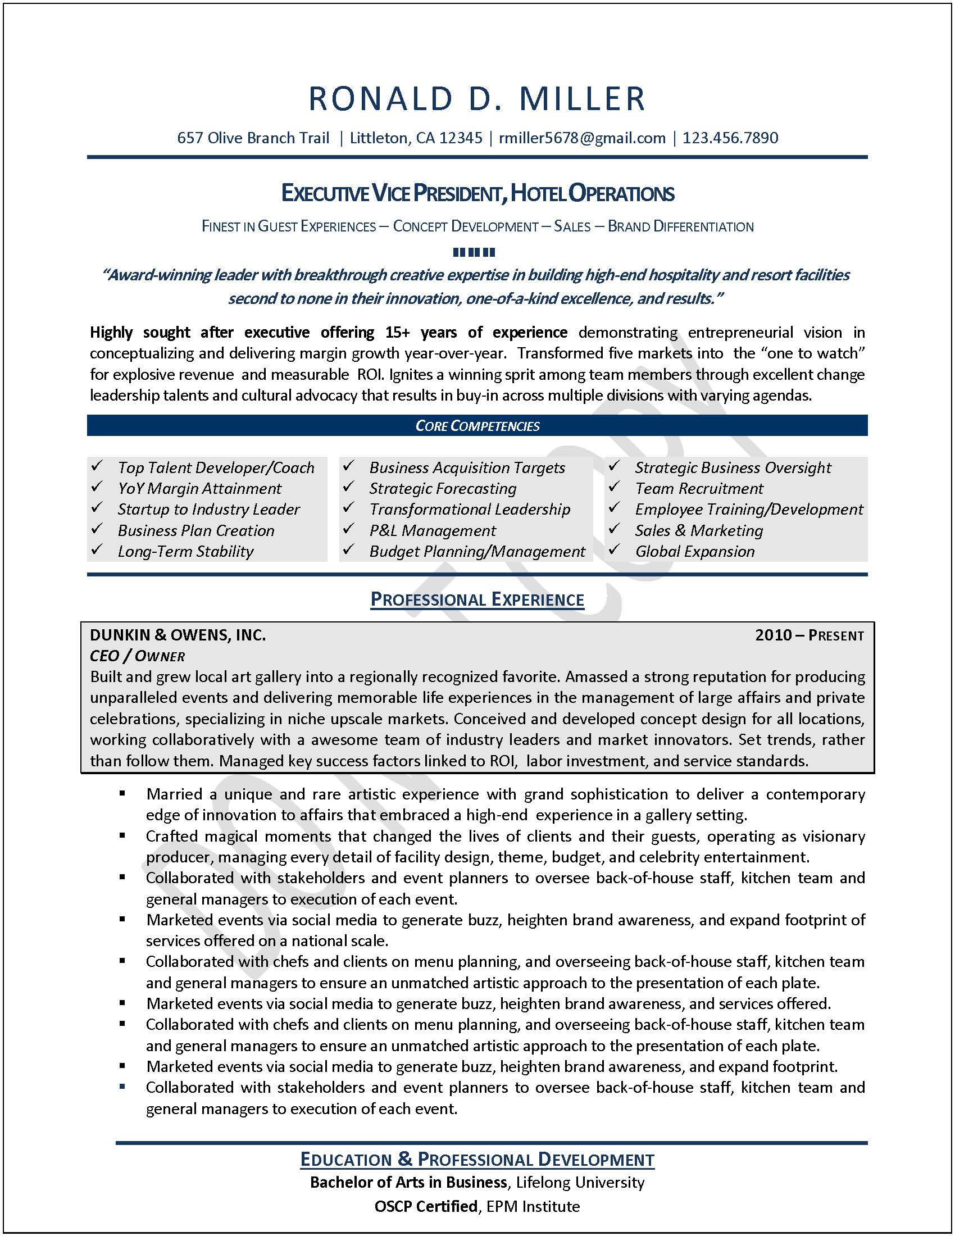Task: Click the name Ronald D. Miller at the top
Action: tap(477, 98)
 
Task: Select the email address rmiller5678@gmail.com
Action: tap(581, 138)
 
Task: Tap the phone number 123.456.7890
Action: tap(730, 138)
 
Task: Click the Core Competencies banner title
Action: tap(477, 426)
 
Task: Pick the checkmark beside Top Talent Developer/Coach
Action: tap(97, 466)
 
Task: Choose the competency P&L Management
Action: tap(432, 530)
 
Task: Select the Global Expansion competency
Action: tap(694, 551)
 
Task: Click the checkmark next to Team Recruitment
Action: tap(615, 487)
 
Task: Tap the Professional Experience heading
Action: tap(477, 599)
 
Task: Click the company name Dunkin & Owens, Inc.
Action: tap(178, 635)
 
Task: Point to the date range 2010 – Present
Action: tap(809, 635)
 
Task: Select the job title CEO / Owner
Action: tap(138, 656)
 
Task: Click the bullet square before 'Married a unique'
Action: tap(122, 793)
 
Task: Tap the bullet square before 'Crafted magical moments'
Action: tap(122, 835)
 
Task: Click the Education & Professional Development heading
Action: tap(477, 1159)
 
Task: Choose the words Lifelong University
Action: tap(580, 1182)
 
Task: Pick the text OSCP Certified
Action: tap(425, 1206)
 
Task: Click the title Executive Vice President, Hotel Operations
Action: tap(477, 194)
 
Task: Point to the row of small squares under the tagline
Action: tap(474, 252)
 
